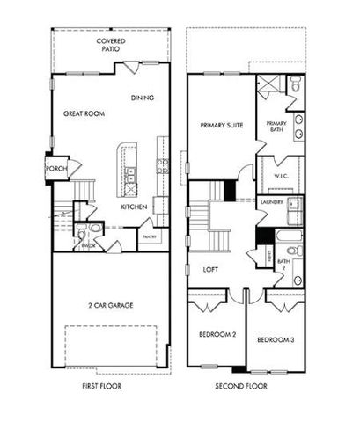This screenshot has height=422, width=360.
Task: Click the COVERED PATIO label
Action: (110, 45)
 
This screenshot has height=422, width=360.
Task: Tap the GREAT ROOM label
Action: (84, 113)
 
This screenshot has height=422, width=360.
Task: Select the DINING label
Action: (143, 98)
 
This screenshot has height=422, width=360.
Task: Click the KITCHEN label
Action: (133, 207)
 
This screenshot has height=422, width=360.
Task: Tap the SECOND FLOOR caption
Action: (243, 386)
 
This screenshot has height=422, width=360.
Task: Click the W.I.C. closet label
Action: (282, 176)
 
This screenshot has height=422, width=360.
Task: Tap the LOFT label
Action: (210, 269)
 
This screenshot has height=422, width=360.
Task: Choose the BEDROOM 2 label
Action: (216, 335)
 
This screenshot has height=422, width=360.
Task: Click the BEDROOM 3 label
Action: (274, 339)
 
